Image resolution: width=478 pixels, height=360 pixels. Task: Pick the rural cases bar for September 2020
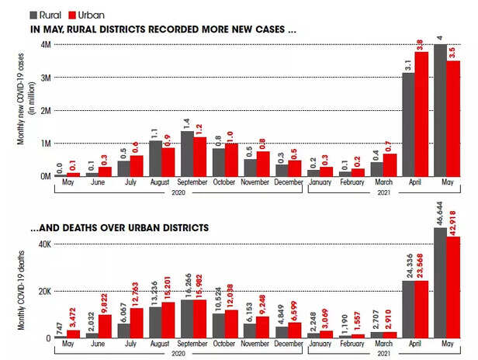click(x=186, y=153)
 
